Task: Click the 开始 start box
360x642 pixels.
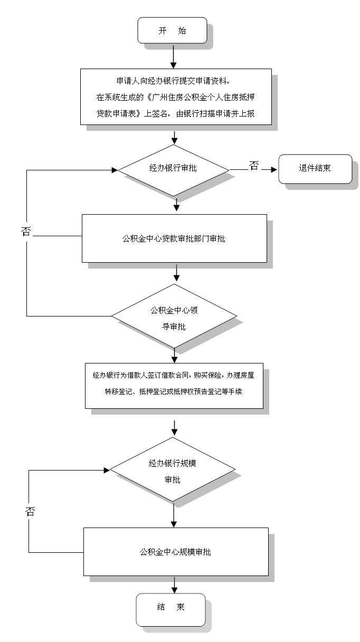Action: [x=172, y=31]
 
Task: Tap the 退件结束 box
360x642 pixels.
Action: [x=315, y=168]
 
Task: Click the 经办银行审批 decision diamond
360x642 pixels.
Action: [x=173, y=169]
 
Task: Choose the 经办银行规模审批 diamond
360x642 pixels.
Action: [x=173, y=471]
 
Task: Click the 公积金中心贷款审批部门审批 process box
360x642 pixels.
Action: [x=174, y=238]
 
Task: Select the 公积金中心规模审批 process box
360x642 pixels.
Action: [x=175, y=552]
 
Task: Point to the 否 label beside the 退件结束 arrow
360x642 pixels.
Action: [x=254, y=166]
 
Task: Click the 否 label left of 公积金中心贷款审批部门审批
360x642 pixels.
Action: [x=26, y=231]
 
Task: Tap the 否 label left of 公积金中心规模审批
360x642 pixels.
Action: [x=30, y=511]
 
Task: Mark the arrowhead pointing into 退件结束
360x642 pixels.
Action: [x=273, y=170]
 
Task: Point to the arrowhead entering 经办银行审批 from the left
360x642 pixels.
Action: [x=114, y=170]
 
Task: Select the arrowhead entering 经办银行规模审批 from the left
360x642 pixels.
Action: [x=107, y=469]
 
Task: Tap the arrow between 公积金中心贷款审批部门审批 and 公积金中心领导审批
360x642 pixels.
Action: [x=177, y=273]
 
